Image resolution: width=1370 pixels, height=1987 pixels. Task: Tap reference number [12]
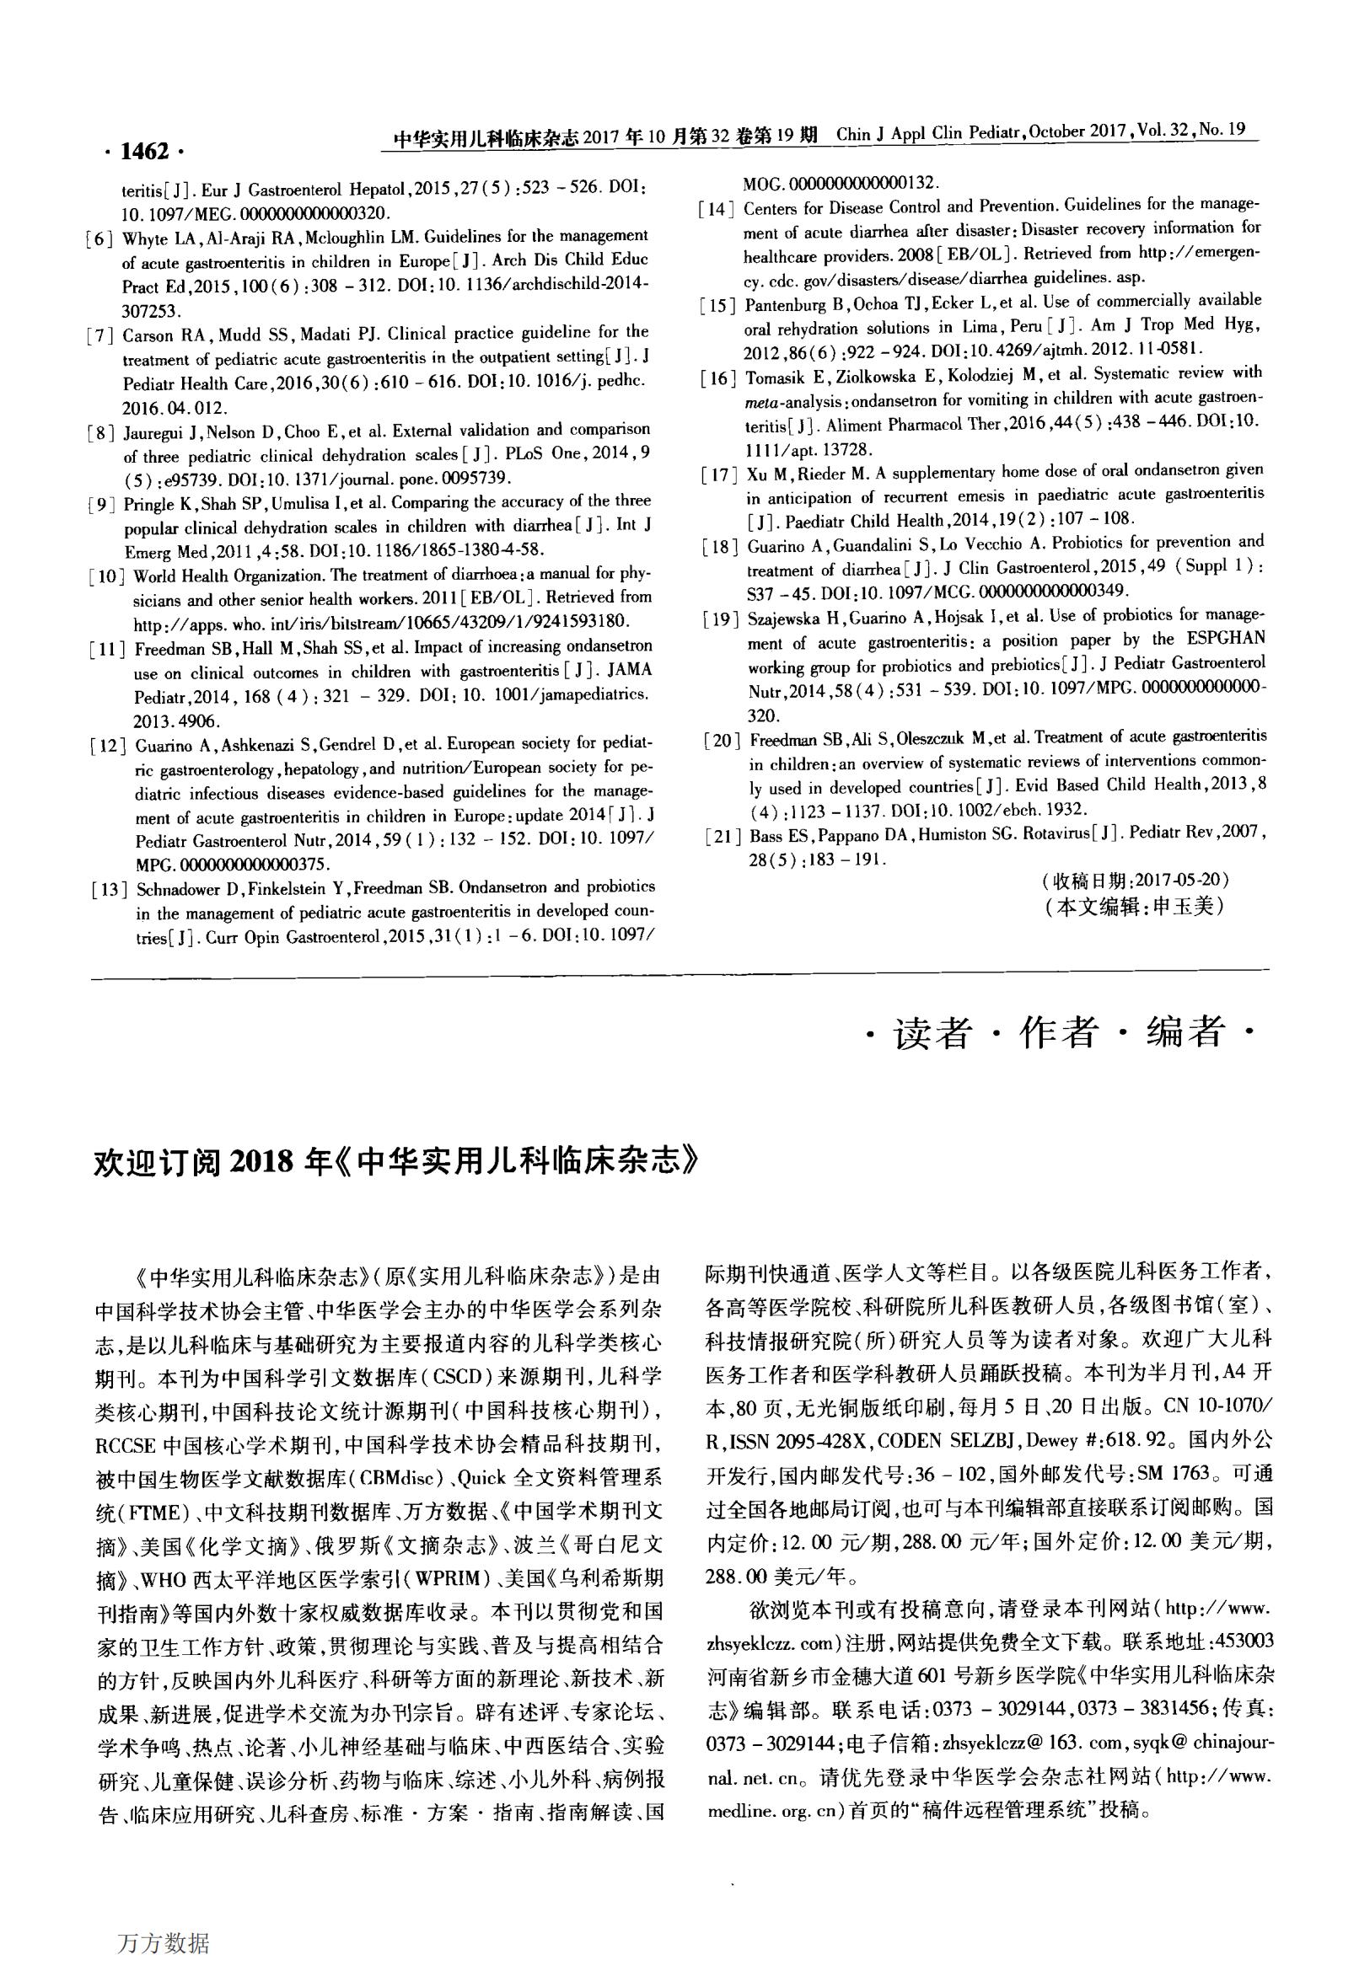(108, 746)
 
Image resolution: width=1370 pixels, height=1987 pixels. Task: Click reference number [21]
(720, 836)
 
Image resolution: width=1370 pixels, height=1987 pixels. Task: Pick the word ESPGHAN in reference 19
(1229, 640)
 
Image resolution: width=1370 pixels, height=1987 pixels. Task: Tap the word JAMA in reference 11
(622, 669)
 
